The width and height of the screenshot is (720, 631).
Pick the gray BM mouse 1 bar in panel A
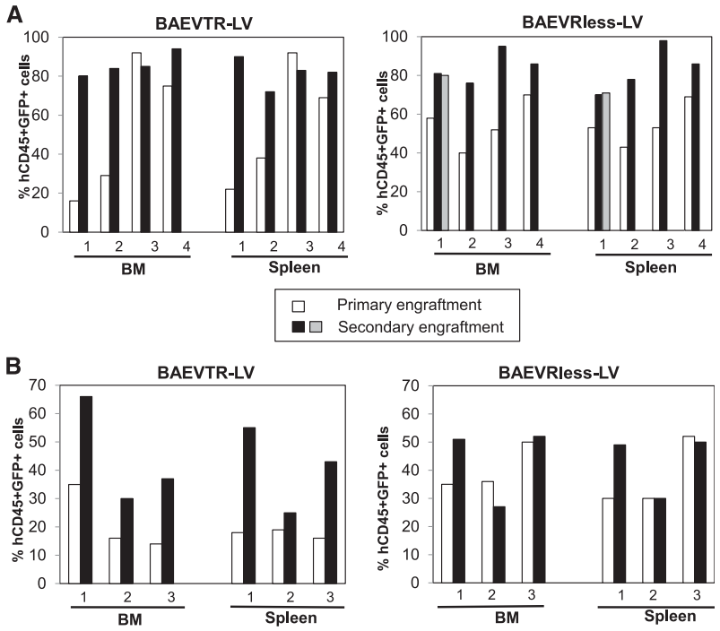[x=444, y=153]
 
